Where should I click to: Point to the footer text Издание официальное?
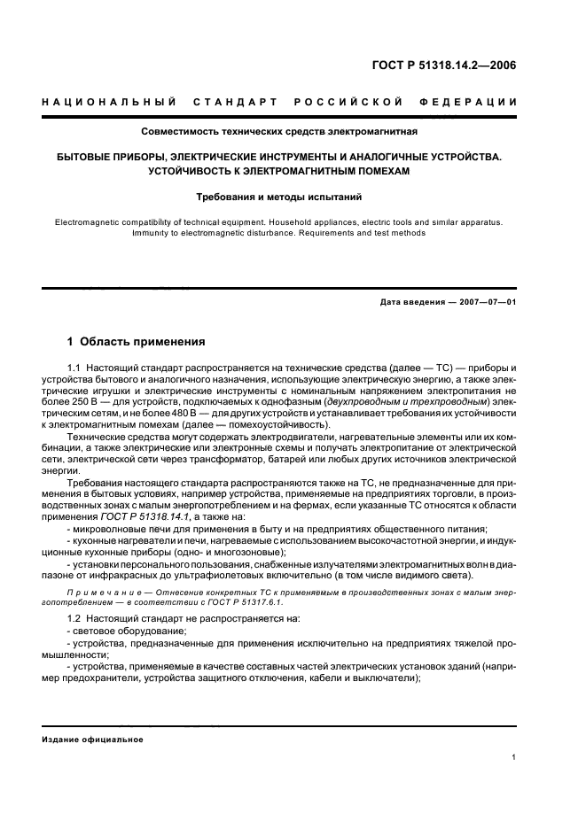click(92, 740)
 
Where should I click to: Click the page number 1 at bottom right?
click(514, 756)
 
